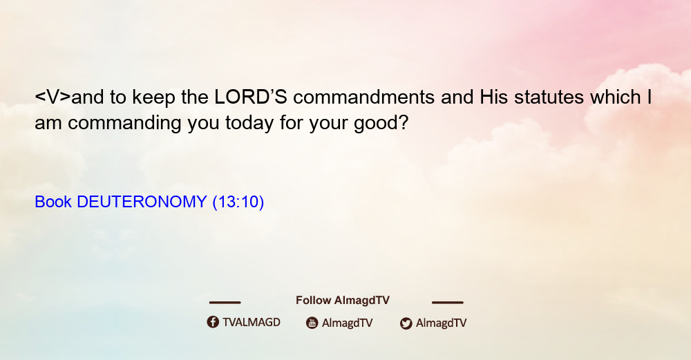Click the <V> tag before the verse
[x=53, y=97]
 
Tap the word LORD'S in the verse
[x=251, y=97]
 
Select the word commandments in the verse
[x=364, y=97]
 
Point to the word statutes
[x=549, y=97]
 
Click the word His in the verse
[x=493, y=97]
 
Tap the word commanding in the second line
[x=124, y=123]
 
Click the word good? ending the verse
[x=381, y=123]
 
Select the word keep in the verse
[x=154, y=98]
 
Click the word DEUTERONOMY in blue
[x=142, y=202]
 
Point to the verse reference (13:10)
[x=238, y=202]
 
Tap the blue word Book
[x=53, y=202]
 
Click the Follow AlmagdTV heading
[x=343, y=300]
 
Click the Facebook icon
[x=213, y=322]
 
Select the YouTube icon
[x=312, y=323]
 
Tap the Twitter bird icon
[x=406, y=323]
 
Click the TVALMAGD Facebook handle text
[x=252, y=322]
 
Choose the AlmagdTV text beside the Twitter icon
[x=441, y=323]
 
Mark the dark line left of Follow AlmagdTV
[x=225, y=302]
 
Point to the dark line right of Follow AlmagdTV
[x=448, y=302]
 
